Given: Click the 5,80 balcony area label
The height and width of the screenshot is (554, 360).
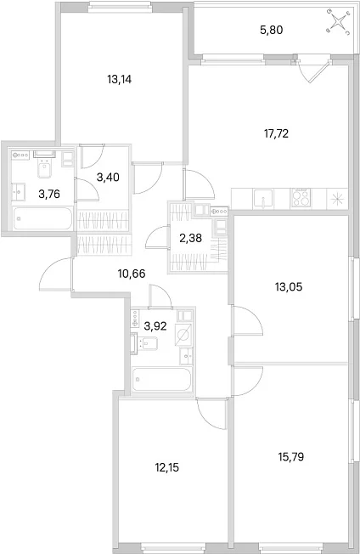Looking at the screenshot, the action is tap(272, 31).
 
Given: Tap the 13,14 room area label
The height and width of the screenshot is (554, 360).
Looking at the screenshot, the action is tap(120, 80).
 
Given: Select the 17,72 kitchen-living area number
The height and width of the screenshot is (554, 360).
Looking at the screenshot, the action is tap(276, 133).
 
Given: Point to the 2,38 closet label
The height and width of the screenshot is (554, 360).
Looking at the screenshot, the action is tap(190, 239).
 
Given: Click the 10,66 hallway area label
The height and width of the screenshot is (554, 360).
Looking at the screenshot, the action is tap(132, 273).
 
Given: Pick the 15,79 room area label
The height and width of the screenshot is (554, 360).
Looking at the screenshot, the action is tap(291, 457).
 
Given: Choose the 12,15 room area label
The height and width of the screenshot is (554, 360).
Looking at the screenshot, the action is tap(167, 468).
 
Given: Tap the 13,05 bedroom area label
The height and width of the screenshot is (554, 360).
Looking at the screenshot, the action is tap(289, 287).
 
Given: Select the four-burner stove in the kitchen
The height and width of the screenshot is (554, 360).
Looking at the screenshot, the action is tap(301, 198).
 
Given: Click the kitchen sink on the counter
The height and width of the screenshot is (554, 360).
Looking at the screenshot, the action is tap(262, 198).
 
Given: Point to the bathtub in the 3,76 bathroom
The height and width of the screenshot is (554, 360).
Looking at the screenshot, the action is tap(42, 218).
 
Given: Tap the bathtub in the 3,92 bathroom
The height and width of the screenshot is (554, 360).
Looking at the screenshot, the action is tap(162, 379).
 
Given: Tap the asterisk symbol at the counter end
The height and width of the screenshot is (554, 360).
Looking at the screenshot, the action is tap(337, 199).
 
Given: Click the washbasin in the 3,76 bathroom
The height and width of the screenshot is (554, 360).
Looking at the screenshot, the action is tap(19, 192).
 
